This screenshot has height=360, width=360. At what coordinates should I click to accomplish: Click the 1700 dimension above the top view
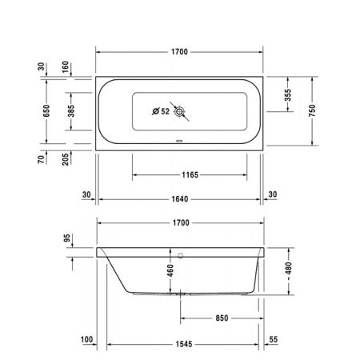pyautogui.click(x=179, y=51)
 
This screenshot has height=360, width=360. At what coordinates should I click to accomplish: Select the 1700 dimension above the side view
pyautogui.click(x=179, y=222)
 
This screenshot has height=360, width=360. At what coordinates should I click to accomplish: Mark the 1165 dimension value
pyautogui.click(x=189, y=174)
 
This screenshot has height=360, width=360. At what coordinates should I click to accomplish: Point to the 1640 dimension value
pyautogui.click(x=179, y=194)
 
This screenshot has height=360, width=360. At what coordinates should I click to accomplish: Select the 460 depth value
pyautogui.click(x=170, y=270)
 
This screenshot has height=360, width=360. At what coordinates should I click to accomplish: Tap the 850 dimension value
pyautogui.click(x=222, y=318)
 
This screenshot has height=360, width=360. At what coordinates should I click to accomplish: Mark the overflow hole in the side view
pyautogui.click(x=182, y=257)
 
